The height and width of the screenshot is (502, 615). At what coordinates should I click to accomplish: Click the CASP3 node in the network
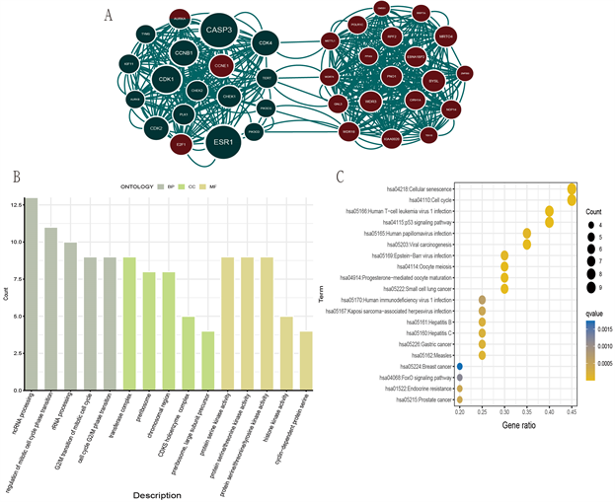[217, 31]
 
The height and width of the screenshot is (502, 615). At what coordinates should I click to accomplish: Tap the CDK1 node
[166, 79]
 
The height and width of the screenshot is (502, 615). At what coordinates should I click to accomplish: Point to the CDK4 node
[265, 43]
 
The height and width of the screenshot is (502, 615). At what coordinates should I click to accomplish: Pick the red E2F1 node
[181, 143]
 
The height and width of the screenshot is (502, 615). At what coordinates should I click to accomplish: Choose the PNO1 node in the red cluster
[393, 75]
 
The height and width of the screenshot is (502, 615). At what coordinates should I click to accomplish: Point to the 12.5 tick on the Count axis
[13, 204]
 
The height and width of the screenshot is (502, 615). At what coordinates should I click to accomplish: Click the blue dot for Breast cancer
[460, 367]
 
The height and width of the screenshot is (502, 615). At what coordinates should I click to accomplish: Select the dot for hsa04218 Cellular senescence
[573, 189]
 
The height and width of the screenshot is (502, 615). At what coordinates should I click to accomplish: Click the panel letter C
[341, 177]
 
